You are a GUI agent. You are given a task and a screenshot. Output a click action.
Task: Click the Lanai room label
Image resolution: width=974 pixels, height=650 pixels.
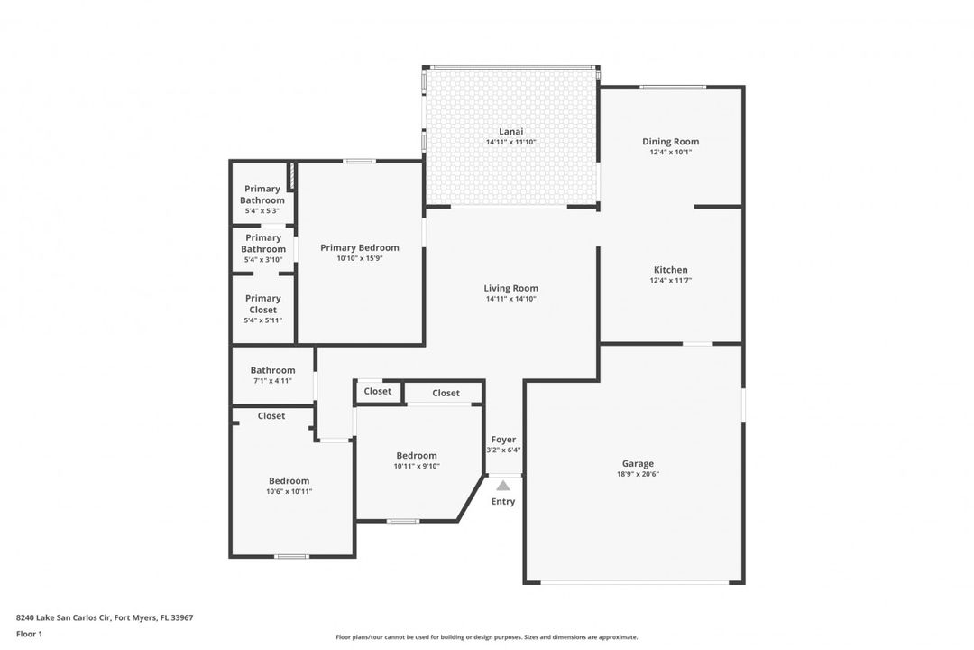coord(510,131)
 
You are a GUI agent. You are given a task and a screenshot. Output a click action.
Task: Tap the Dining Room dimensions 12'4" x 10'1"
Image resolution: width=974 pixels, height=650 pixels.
coord(670,152)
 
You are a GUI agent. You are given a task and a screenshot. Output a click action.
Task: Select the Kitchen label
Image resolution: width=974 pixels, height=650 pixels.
coord(670,269)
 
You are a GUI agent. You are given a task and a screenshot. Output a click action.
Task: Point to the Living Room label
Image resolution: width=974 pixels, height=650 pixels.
coord(510,288)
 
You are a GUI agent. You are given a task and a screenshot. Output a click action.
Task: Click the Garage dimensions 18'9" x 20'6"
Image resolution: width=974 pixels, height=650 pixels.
coord(638,474)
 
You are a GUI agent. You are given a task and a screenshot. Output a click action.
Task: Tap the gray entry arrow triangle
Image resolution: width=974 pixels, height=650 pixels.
coord(503,485)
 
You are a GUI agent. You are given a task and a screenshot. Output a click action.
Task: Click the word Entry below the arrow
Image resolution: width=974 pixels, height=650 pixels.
coord(503,501)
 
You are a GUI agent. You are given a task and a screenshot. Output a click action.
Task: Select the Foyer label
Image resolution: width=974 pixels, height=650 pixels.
coord(503,439)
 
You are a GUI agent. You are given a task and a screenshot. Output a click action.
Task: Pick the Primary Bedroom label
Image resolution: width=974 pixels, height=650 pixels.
coord(360,247)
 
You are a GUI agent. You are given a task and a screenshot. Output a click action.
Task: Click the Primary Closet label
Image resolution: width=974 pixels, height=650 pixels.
coord(262,303)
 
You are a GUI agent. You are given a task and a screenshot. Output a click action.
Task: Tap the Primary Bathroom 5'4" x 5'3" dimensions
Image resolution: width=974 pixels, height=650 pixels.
coord(262,211)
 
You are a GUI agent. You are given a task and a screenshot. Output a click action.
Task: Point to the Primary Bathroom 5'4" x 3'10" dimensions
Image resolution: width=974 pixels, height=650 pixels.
coord(263,259)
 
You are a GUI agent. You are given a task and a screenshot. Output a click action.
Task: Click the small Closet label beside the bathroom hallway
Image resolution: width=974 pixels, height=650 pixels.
coord(378,391)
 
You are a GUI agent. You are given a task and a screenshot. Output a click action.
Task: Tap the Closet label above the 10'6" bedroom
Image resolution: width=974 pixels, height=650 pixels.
coord(271,415)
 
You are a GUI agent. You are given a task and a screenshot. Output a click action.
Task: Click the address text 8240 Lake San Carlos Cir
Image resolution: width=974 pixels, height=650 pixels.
coord(63,617)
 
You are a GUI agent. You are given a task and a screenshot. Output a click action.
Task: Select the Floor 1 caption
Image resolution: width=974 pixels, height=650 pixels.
coord(29,634)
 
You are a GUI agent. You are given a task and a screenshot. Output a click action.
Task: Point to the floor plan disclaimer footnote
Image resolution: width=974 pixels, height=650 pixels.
coord(486,637)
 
